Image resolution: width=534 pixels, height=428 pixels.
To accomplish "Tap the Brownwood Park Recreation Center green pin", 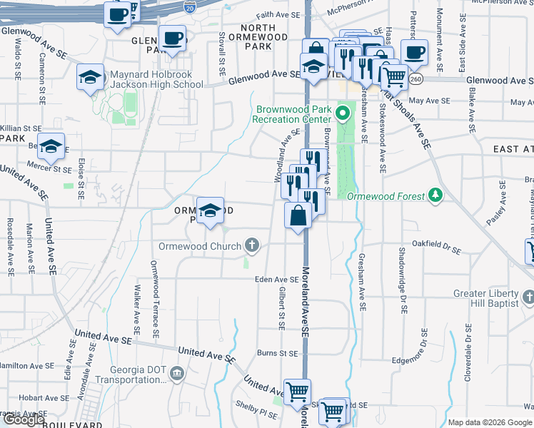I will pos(343,112).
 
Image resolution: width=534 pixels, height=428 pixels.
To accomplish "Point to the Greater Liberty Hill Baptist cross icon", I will pos(528,296).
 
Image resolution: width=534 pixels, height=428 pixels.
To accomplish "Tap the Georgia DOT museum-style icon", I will pos(177,372).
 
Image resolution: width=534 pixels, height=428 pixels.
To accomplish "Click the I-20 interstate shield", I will pos(188,6).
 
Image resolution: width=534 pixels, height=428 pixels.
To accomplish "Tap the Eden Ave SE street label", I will pos(276,280).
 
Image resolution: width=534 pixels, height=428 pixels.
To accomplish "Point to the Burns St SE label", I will pos(277,352).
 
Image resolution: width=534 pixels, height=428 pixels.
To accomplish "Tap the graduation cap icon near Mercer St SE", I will pos(51,146).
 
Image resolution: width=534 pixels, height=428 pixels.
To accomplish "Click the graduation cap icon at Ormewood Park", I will pos(210,210).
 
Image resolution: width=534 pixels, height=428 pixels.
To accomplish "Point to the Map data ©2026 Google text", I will pos(490,422).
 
